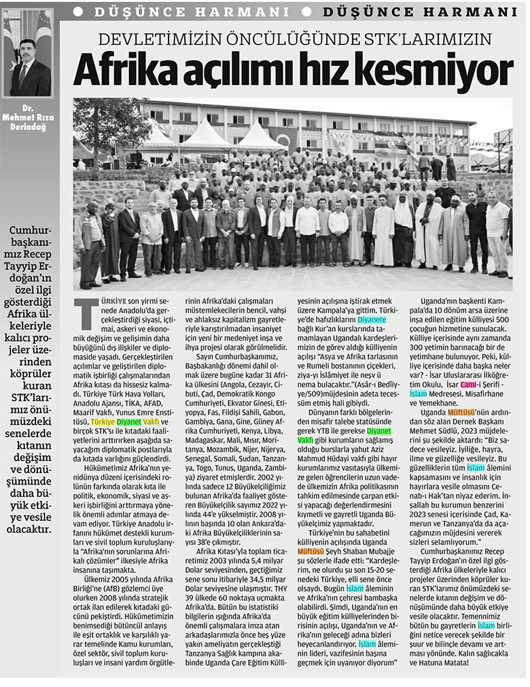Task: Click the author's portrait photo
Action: (31, 52)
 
